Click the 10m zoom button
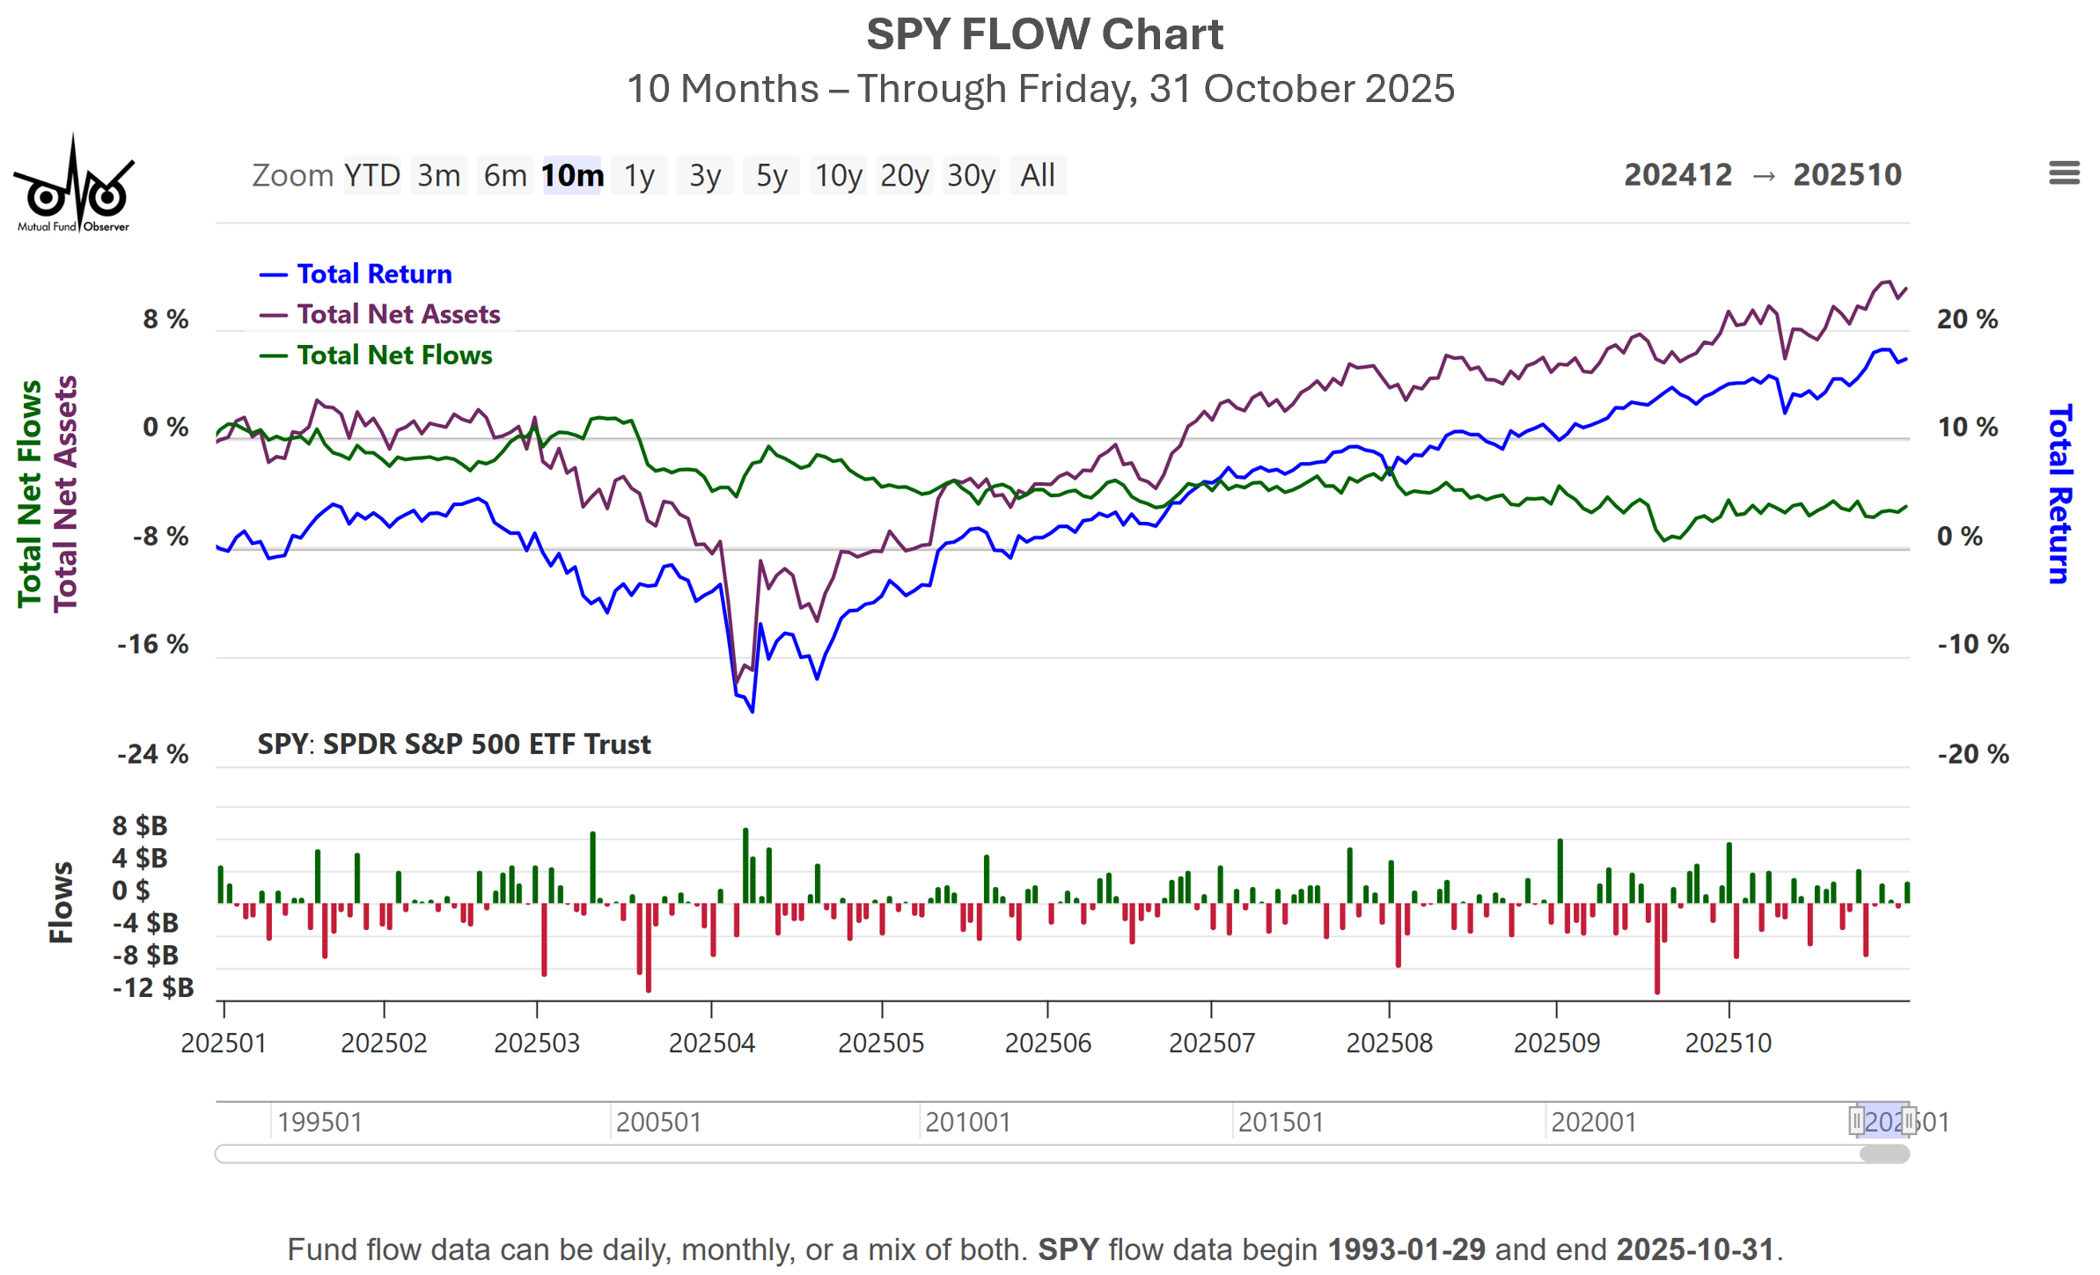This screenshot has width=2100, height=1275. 572,175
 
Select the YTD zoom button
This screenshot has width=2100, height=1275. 371,175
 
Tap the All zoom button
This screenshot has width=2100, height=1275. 1037,175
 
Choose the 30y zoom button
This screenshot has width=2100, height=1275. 971,175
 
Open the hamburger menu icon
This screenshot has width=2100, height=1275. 2063,172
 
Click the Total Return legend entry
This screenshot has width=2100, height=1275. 374,274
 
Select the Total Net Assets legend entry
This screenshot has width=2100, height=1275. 398,314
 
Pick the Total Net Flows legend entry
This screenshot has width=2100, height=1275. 394,355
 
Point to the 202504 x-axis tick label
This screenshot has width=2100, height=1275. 711,1043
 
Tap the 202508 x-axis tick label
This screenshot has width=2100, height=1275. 1389,1043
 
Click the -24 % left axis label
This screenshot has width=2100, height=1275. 153,754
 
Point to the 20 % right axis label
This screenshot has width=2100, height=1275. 1967,319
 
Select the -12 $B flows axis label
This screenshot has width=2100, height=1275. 153,987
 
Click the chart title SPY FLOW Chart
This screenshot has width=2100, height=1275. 1045,35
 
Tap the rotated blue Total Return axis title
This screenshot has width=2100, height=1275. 2059,494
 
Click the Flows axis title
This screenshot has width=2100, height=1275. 61,902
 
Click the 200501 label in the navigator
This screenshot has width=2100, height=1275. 658,1122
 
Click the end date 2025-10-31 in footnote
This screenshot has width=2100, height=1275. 1694,1249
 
